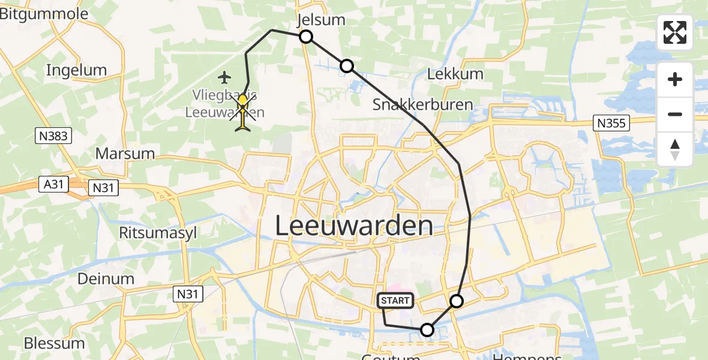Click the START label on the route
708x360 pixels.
pos(395,301)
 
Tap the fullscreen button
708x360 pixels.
pos(675,32)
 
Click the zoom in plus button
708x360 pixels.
pos(675,79)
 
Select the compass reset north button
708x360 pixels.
pos(675,149)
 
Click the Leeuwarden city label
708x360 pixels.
pos(354,226)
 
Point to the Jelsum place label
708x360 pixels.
pos(322,20)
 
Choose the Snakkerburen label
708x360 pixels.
pos(422,104)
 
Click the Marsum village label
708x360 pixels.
pos(125,154)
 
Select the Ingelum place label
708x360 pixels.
pos(76,70)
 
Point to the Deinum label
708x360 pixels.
pos(106,278)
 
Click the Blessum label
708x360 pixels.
pos(54,343)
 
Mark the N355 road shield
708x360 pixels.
pos(612,124)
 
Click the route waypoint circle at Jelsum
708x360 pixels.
pos(306,37)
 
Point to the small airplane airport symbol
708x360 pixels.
pos(225,77)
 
